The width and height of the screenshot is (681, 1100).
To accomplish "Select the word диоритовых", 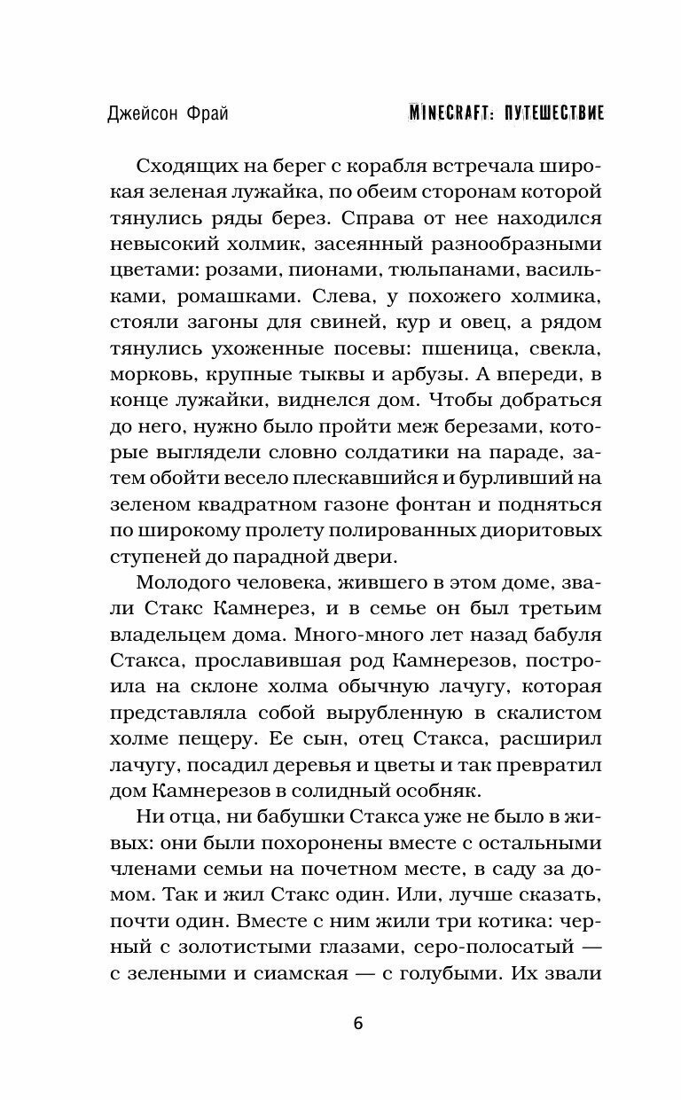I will [x=546, y=530].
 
